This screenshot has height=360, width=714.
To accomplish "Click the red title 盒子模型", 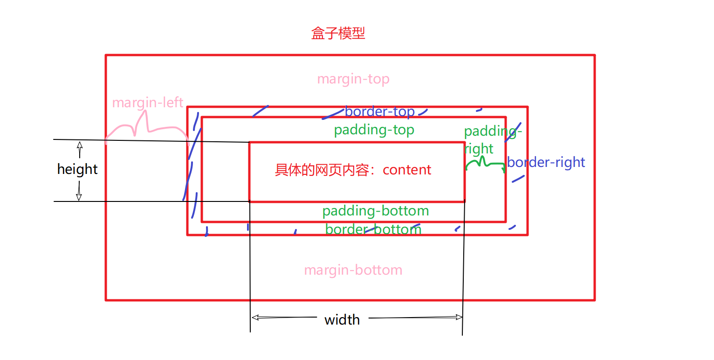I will pyautogui.click(x=338, y=34).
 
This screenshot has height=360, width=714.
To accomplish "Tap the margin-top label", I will pyautogui.click(x=353, y=79).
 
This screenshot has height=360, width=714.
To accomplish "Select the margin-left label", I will pyautogui.click(x=147, y=103).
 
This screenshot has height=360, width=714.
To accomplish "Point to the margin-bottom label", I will pyautogui.click(x=353, y=270).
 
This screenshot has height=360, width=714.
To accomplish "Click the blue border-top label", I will pyautogui.click(x=379, y=112).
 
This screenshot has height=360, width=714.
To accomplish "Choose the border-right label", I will pyautogui.click(x=546, y=162).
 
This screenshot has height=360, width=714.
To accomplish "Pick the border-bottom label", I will pyautogui.click(x=373, y=229).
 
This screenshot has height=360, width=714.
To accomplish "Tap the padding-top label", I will pyautogui.click(x=374, y=130).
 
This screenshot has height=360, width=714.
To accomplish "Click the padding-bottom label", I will pyautogui.click(x=375, y=211).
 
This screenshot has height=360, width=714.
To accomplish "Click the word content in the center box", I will pyautogui.click(x=407, y=170).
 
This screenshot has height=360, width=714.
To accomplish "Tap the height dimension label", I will pyautogui.click(x=77, y=169).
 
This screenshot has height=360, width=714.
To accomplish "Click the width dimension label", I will pyautogui.click(x=342, y=320).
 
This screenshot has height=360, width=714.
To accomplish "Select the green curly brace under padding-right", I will pyautogui.click(x=485, y=163).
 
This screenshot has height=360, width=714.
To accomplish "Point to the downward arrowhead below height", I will pyautogui.click(x=79, y=197).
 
